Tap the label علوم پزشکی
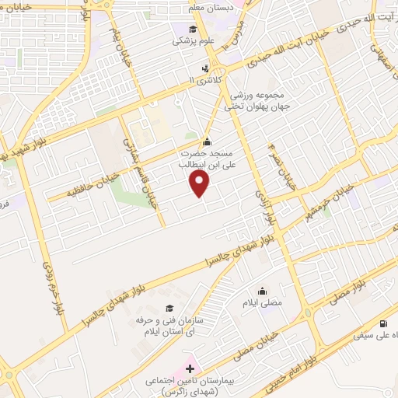tap(188, 40)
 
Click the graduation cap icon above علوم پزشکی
tap(191, 29)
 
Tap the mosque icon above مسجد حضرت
tap(207, 141)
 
